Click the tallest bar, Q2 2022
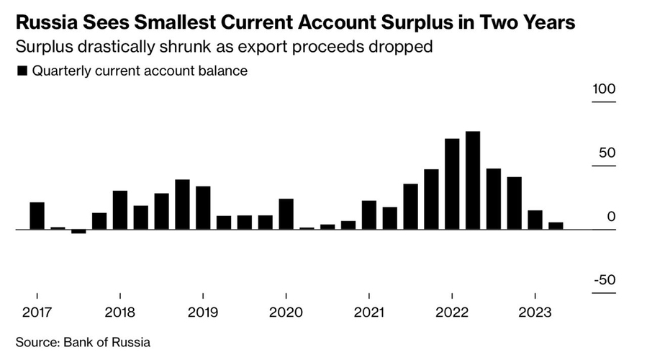[x=473, y=180]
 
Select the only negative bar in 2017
[x=78, y=232]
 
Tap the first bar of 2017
[x=37, y=216]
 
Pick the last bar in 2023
[x=556, y=226]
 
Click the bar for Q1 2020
[x=286, y=214]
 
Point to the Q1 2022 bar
[x=452, y=184]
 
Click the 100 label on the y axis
[x=605, y=89]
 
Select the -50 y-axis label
[x=605, y=280]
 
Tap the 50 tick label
[x=607, y=153]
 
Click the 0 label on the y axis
[x=611, y=217]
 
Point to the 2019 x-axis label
[x=203, y=312]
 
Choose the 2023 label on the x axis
[x=535, y=312]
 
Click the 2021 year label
[x=368, y=312]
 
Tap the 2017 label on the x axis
[x=37, y=312]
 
